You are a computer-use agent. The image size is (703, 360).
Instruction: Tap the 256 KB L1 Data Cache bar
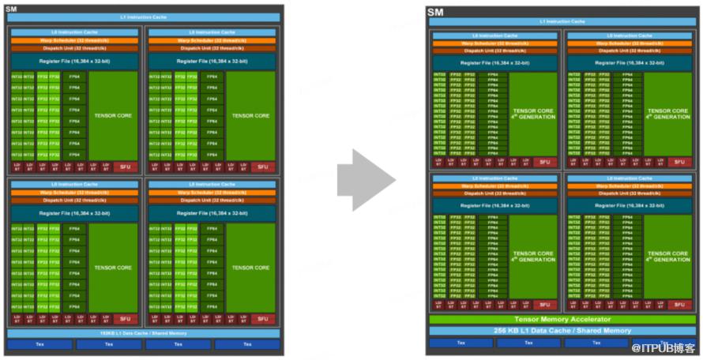coord(562,330)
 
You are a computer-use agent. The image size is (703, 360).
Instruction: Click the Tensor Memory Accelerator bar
coord(562,319)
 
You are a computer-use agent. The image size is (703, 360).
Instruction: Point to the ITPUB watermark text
coord(664,347)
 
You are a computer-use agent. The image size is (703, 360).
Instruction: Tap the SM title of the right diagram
coord(435,12)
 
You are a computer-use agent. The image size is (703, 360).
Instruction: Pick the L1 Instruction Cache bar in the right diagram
coord(562,21)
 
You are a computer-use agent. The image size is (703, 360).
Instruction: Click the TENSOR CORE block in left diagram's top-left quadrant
coord(114,115)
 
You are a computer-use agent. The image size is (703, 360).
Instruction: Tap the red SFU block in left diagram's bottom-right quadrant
coord(261,319)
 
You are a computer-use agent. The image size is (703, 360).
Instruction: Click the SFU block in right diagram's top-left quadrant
coord(543,162)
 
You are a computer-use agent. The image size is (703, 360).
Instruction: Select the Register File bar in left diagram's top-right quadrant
coord(212,60)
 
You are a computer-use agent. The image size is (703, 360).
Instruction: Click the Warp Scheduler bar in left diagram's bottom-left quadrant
coord(75,192)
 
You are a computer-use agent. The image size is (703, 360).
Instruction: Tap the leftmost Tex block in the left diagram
coord(39,344)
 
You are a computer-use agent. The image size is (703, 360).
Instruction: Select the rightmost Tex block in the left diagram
coord(247,344)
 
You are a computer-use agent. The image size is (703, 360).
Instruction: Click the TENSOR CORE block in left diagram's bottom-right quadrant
coord(251,268)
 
